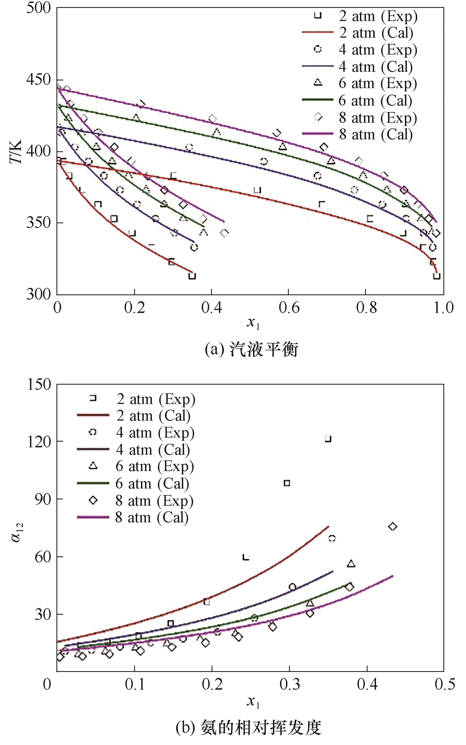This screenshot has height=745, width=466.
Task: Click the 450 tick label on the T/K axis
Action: pos(38,80)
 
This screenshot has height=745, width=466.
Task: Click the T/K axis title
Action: pos(16,152)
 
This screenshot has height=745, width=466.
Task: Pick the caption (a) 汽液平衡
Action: pos(251,350)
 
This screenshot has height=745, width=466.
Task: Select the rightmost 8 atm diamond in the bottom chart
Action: pos(392,527)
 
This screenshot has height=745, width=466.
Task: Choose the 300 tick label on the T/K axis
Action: pos(38,294)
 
